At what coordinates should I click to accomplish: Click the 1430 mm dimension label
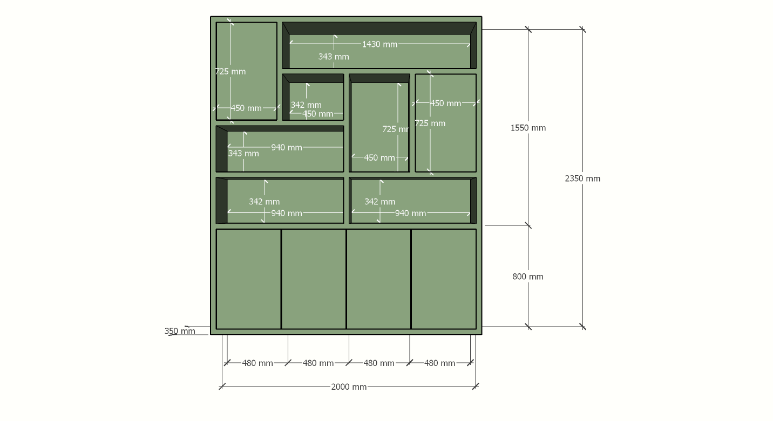379,44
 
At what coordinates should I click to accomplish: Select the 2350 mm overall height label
582,178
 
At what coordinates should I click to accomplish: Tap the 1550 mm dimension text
528,128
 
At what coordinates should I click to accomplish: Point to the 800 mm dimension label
527,277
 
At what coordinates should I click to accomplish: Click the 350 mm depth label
180,331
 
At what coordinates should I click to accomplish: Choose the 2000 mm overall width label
349,387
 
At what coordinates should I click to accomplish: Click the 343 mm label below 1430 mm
334,57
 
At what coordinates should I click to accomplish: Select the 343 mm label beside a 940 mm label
243,153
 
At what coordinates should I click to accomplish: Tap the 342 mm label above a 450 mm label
306,105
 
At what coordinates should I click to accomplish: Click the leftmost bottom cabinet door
248,279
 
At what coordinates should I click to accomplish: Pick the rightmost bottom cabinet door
444,279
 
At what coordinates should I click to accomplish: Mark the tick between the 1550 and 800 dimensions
528,225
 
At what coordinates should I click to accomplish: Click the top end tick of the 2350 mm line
582,29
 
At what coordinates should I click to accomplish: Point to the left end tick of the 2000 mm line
222,387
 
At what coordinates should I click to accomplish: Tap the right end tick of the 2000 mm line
476,387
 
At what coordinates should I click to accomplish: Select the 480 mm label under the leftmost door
257,363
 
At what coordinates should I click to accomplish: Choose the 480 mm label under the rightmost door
439,363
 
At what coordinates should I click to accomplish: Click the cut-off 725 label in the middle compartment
396,129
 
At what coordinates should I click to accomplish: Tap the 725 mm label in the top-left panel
230,72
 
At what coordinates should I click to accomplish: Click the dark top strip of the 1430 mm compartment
379,29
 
